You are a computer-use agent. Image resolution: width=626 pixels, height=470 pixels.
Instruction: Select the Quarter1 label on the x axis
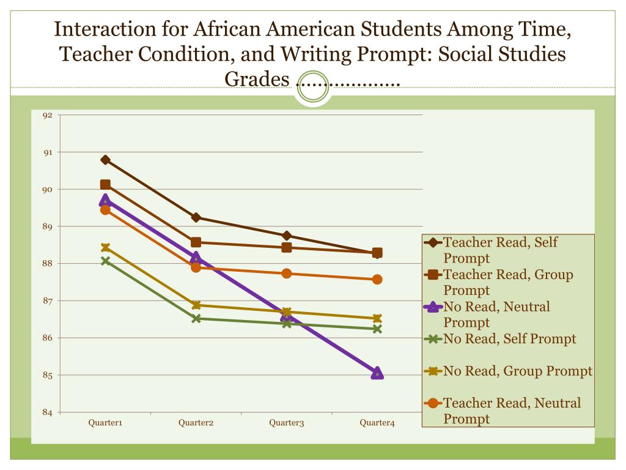(106, 423)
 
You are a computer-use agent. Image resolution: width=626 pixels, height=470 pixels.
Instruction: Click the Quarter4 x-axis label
(377, 423)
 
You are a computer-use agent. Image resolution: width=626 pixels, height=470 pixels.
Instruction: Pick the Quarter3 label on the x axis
(287, 423)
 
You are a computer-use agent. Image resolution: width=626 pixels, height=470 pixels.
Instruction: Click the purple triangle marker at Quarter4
(377, 373)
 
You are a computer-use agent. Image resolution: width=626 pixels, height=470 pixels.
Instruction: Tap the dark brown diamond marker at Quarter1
(105, 160)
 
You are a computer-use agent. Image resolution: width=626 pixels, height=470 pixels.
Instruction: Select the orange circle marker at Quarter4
(377, 279)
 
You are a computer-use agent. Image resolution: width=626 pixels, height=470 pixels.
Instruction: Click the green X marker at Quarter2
(196, 318)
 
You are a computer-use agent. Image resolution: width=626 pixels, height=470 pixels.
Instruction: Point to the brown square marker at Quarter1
(105, 185)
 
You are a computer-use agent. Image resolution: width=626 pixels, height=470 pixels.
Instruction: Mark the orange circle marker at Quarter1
(105, 210)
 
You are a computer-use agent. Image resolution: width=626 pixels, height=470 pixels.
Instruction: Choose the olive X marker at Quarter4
(377, 318)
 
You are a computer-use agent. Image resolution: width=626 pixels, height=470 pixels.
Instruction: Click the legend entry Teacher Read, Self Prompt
(500, 250)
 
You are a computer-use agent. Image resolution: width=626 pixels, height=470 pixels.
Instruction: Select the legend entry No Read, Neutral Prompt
(496, 314)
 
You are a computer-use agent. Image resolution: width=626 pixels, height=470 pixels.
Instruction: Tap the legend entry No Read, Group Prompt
(517, 371)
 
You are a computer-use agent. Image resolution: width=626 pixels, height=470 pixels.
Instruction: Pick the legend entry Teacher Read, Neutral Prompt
(512, 410)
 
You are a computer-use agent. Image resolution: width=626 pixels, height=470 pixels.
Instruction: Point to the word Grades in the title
(256, 79)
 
